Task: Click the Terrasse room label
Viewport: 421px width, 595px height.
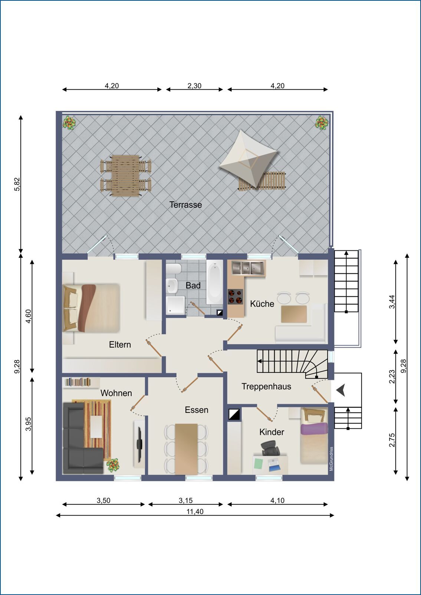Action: (x=185, y=205)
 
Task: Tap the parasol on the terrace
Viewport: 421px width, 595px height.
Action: (x=249, y=158)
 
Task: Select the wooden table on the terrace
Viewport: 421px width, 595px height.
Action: (x=126, y=176)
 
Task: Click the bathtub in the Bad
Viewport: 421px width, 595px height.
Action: (x=215, y=282)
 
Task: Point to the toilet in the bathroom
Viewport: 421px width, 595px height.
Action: (x=174, y=269)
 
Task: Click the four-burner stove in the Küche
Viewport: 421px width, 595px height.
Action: (x=235, y=296)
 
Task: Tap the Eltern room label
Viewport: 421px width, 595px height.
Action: (x=120, y=345)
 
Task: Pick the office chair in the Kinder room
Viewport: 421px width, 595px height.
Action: (x=270, y=448)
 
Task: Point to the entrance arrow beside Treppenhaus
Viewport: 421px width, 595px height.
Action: (x=341, y=390)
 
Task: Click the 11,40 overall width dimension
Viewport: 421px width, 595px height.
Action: (x=195, y=512)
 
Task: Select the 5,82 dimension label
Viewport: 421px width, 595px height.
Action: (x=17, y=184)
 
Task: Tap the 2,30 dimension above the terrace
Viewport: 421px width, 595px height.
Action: (x=194, y=86)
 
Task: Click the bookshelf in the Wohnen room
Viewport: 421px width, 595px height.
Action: (x=78, y=382)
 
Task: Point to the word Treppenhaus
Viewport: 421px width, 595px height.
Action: (x=266, y=387)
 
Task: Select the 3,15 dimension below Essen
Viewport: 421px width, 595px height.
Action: (x=185, y=500)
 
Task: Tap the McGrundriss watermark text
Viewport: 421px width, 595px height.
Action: (x=331, y=459)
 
